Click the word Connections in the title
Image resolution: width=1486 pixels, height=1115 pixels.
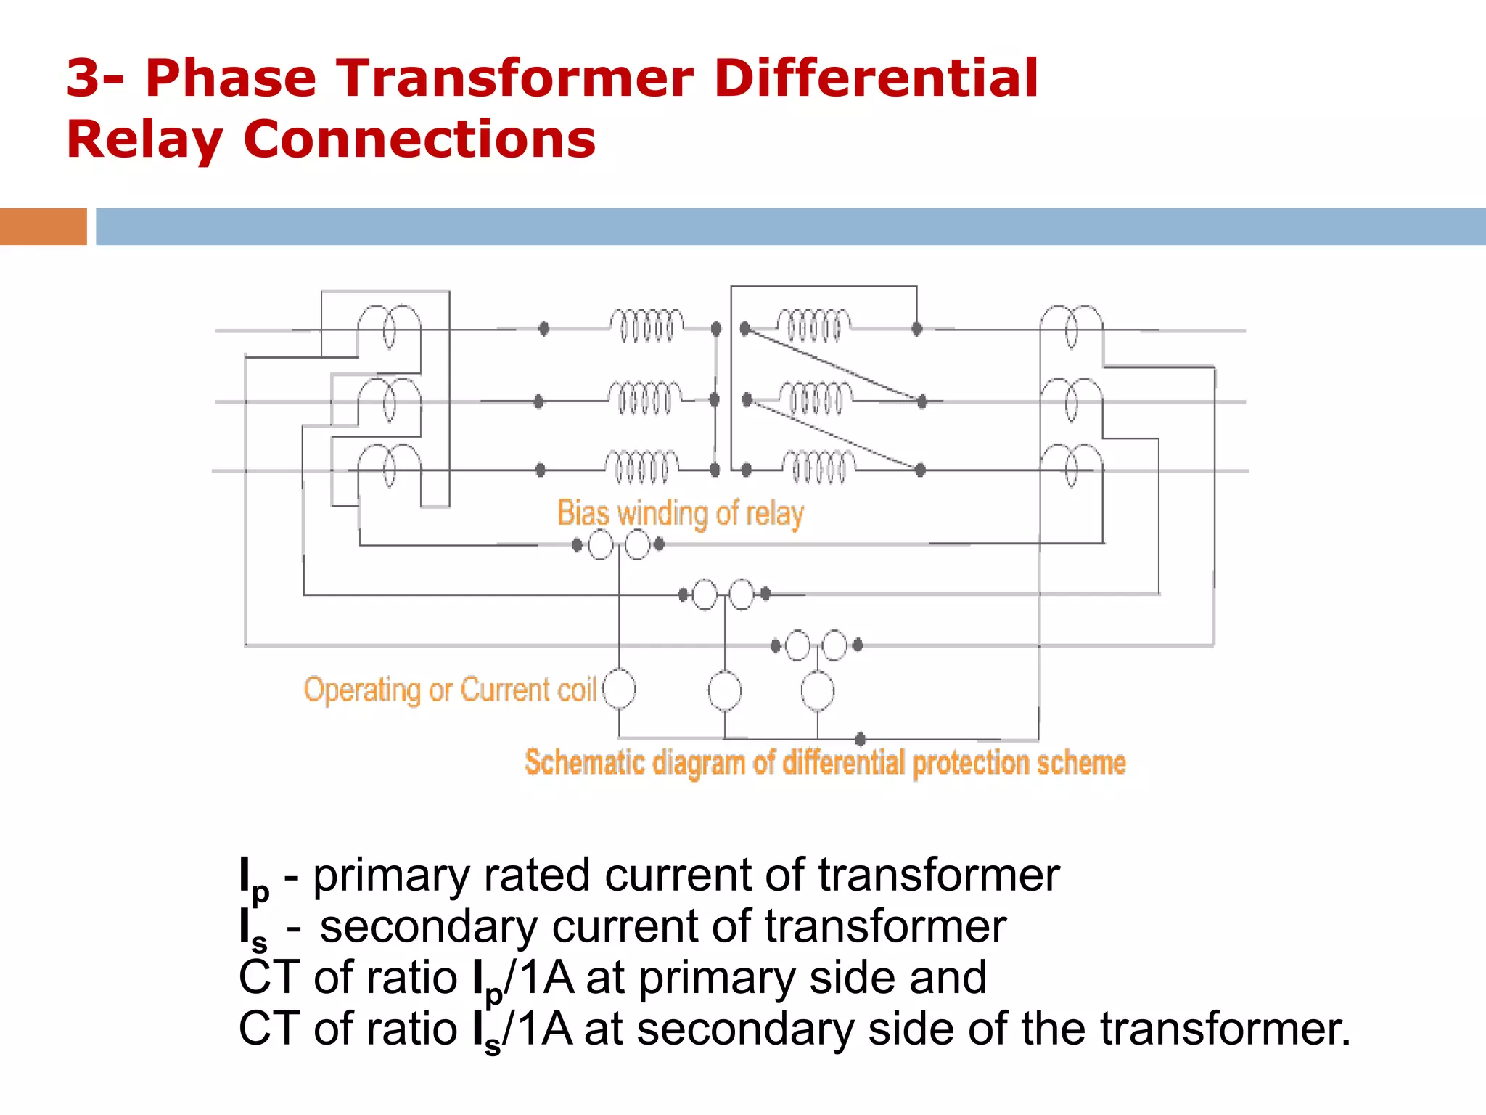[419, 139]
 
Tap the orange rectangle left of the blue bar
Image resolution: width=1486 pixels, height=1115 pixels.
[43, 226]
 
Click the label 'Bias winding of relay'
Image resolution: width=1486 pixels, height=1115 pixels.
[680, 513]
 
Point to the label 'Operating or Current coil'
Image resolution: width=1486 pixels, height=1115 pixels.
[450, 690]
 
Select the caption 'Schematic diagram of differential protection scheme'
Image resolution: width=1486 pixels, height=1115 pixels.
[825, 763]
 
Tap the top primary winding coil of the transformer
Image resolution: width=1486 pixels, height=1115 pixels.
[646, 324]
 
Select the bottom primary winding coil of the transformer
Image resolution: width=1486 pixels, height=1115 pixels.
[641, 466]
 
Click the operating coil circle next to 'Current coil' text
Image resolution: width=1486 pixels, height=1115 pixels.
[619, 689]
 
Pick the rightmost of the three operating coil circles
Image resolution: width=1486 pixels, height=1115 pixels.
[817, 690]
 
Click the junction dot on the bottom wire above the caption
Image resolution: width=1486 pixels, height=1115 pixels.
[861, 739]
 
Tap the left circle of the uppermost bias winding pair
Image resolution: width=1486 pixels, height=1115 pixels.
[601, 544]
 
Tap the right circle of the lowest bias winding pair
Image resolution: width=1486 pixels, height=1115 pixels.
[834, 645]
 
